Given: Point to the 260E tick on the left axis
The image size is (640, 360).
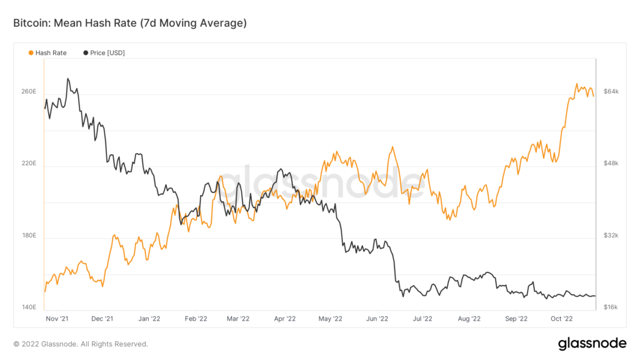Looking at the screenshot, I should coord(30,92).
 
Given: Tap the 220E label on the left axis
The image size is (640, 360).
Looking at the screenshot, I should coord(30,164).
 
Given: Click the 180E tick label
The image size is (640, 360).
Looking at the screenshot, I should coord(30,236).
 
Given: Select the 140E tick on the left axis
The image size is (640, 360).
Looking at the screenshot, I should coord(30,307).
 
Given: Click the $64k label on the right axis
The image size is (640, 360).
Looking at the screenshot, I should coord(610,92).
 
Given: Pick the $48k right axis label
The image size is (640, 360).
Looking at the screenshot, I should coord(610,164).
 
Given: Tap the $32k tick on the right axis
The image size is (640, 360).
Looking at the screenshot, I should coord(610,236).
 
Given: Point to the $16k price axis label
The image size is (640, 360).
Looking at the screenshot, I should coord(610,307).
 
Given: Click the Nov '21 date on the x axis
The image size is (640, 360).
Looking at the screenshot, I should coord(57,319).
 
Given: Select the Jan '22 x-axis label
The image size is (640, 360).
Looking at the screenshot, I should coord(149,319).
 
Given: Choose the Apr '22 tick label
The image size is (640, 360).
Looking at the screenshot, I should coord(284,319).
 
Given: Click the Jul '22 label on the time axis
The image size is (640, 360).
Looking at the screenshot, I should coord(422,319).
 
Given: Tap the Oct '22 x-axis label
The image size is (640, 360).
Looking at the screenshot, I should coord(561,319).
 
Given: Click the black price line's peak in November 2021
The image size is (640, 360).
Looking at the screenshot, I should coord(67,79).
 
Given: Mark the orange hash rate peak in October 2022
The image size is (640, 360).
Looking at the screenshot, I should coord(576,84).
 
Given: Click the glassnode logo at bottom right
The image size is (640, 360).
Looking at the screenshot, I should coord(591,343).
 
